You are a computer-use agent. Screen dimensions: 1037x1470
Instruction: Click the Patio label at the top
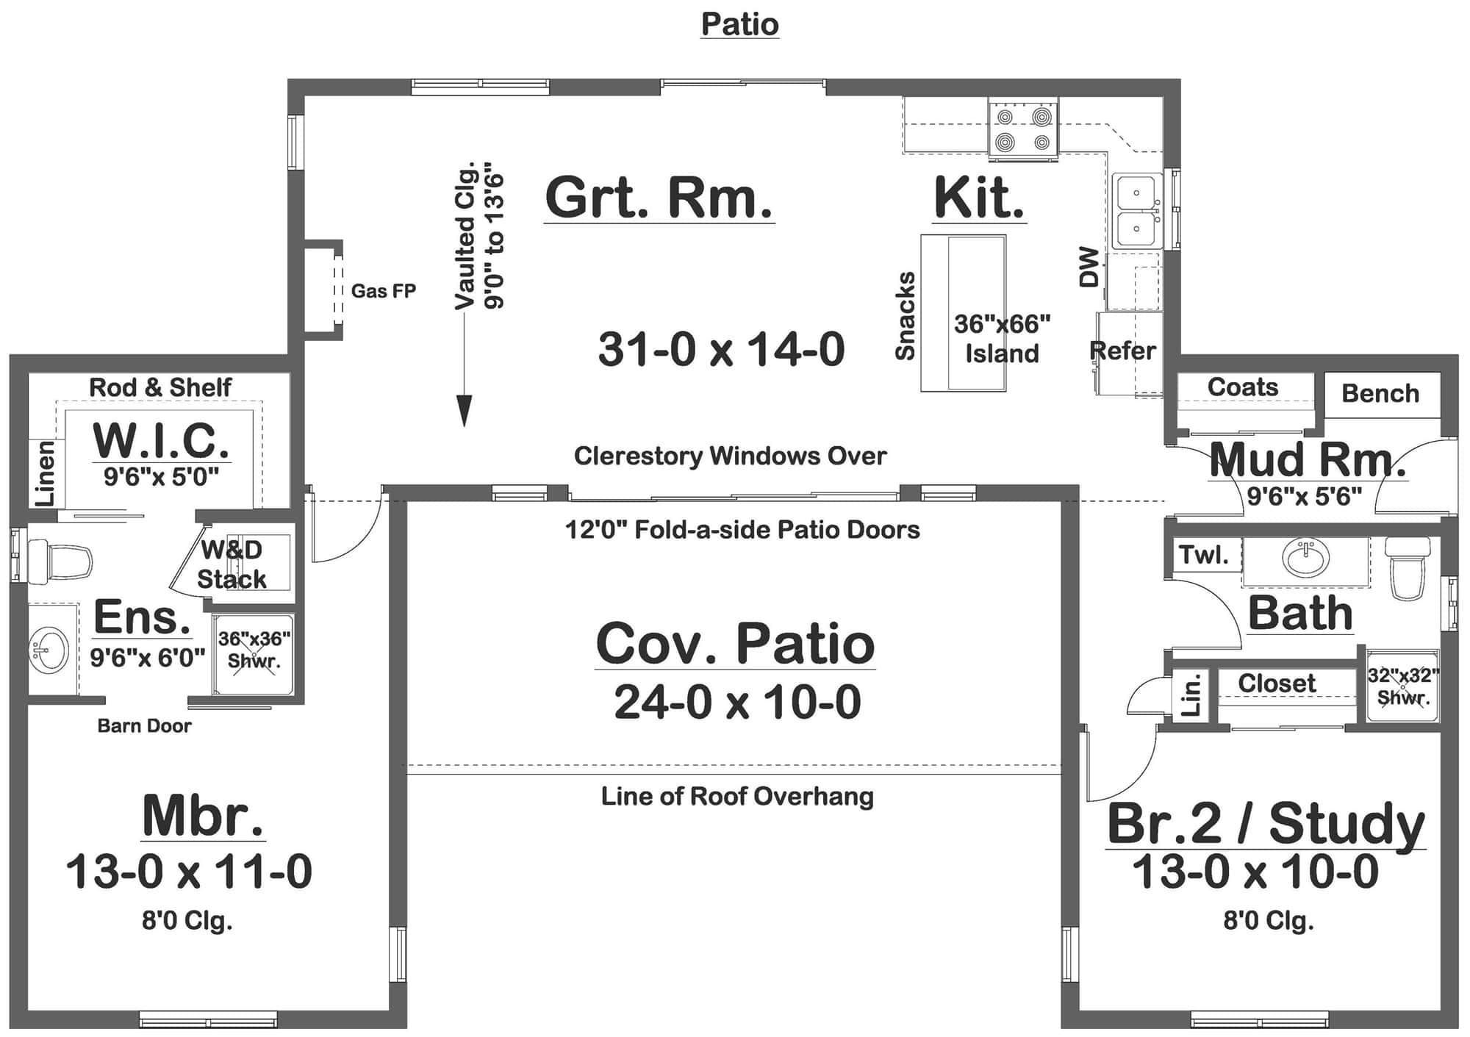point(739,24)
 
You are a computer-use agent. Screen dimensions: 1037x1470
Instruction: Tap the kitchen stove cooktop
point(1023,129)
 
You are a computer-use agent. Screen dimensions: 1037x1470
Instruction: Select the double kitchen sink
point(1136,211)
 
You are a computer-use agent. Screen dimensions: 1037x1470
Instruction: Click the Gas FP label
point(383,291)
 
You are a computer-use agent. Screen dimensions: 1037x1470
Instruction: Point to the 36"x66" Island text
point(1002,338)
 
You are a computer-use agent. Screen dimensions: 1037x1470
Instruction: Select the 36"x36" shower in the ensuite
point(254,653)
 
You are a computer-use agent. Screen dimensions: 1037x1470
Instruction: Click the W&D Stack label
point(232,564)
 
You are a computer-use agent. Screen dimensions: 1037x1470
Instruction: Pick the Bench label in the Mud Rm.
point(1380,393)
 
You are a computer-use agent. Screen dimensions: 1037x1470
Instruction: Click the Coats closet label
point(1242,387)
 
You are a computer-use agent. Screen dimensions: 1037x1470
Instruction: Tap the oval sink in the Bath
point(1305,558)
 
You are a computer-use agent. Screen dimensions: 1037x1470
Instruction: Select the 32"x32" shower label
point(1402,685)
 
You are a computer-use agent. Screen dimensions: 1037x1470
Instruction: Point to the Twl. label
point(1203,555)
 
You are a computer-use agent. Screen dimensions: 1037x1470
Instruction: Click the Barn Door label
point(144,726)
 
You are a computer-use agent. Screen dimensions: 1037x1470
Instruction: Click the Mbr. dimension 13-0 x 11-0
point(189,872)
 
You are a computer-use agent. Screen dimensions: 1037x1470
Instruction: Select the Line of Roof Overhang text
point(737,796)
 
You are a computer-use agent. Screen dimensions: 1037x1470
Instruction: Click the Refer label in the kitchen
point(1122,351)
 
